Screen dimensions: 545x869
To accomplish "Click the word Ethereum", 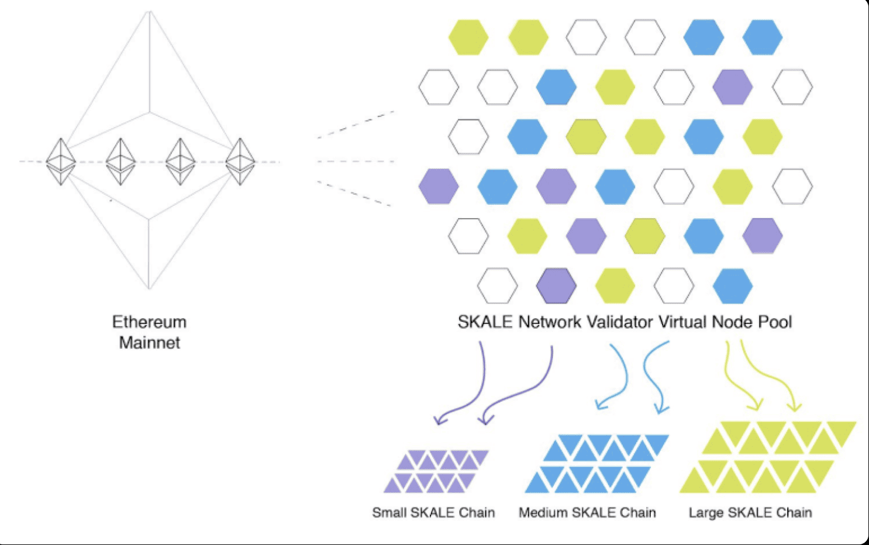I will pos(149,322).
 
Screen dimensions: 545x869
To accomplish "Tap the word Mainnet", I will pos(149,343).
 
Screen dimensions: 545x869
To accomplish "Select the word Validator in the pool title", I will pos(620,322).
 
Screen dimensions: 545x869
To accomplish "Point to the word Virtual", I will pos(682,322).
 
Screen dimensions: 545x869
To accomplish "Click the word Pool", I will pos(775,322).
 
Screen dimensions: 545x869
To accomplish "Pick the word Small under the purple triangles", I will pos(389,512).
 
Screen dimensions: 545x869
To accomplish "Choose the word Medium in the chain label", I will pos(543,512).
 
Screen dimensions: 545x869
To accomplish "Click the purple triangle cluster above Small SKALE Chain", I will pos(436,471).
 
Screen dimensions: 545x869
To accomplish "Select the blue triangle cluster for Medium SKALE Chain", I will pos(596,463).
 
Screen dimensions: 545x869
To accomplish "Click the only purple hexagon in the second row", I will pos(733,87).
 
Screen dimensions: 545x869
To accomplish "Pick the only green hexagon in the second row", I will pos(615,87).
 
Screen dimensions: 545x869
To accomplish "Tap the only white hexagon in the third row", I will pos(468,136).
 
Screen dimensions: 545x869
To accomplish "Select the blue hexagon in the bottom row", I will pos(733,286).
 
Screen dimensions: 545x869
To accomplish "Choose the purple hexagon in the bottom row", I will pos(556,286).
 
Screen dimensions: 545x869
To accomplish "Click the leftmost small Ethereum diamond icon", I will pos(61,161).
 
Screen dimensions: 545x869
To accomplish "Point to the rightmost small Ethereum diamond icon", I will pos(240,161).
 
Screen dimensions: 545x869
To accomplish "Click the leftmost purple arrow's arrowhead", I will pos(440,419).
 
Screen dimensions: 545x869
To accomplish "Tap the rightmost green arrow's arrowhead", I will pos(794,407).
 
